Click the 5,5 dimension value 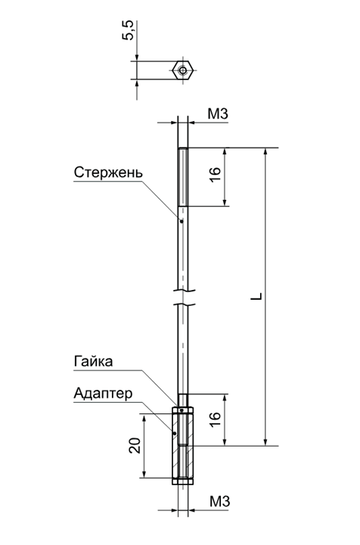pos(128,30)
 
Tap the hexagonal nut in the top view pos(182,70)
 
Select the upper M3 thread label pos(218,114)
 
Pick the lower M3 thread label pos(220,502)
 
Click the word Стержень pos(108,173)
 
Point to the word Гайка pos(93,362)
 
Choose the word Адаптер pos(103,394)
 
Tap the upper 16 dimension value pos(216,174)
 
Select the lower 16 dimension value pos(216,419)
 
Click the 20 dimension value pos(135,446)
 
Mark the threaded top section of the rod pos(183,177)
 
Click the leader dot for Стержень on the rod pos(182,221)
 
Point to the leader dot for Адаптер pos(175,433)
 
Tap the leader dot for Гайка pos(182,410)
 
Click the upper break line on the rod pos(184,291)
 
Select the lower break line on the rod pos(184,305)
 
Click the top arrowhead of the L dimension pos(265,152)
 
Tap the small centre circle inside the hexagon pos(182,70)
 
